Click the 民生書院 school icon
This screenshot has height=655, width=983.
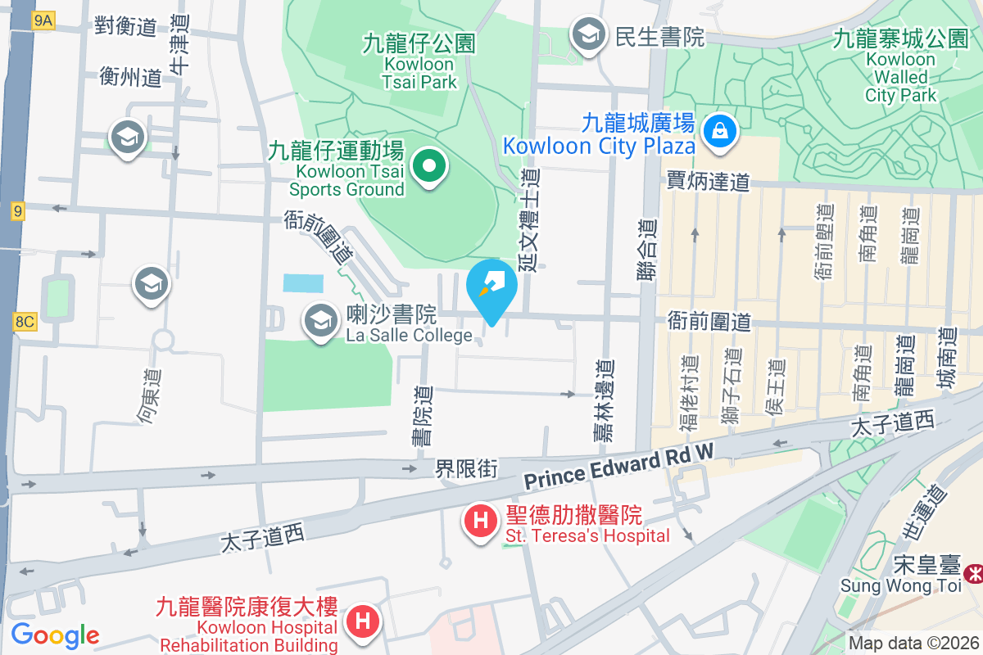[x=588, y=36]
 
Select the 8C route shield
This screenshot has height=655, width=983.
[x=24, y=321]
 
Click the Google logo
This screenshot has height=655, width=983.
[x=55, y=635]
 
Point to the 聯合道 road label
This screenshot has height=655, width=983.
[x=648, y=250]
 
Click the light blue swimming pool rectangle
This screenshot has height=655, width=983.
[x=303, y=283]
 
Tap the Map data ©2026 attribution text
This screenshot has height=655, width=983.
[x=913, y=644]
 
